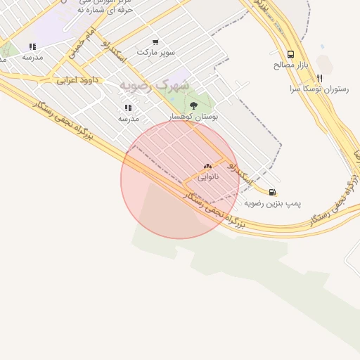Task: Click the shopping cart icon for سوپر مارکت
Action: click(155, 42)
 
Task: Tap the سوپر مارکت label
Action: click(154, 53)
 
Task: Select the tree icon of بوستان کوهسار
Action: click(193, 105)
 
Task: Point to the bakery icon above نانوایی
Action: click(207, 167)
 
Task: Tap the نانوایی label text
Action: click(207, 177)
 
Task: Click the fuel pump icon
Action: click(271, 192)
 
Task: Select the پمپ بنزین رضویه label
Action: click(273, 203)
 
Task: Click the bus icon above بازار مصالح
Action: click(290, 54)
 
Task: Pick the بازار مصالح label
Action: click(290, 65)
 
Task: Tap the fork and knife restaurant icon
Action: click(319, 78)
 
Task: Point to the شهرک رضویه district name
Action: click(154, 84)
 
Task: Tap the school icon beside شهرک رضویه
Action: click(128, 108)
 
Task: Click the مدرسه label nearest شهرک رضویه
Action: click(128, 119)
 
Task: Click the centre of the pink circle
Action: click(180, 179)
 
